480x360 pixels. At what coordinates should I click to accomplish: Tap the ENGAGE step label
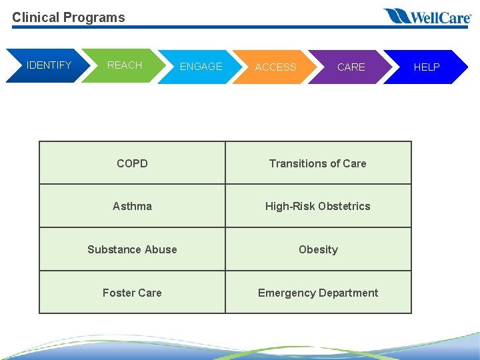click(201, 67)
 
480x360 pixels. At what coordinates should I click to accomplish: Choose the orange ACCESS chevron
click(275, 67)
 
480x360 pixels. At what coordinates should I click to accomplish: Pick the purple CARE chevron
click(351, 67)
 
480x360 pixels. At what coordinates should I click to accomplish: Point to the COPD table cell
click(132, 163)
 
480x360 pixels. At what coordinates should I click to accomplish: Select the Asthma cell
click(132, 206)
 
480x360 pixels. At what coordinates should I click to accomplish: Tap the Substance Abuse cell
click(132, 249)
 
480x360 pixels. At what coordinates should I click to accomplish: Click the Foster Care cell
click(132, 293)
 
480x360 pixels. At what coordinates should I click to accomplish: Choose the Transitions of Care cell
click(318, 163)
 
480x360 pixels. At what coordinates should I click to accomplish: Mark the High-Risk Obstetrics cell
click(318, 206)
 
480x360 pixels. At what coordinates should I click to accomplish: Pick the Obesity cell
click(318, 249)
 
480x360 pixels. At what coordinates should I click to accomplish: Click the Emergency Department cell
click(318, 293)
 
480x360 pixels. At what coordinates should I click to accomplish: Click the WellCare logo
click(427, 17)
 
